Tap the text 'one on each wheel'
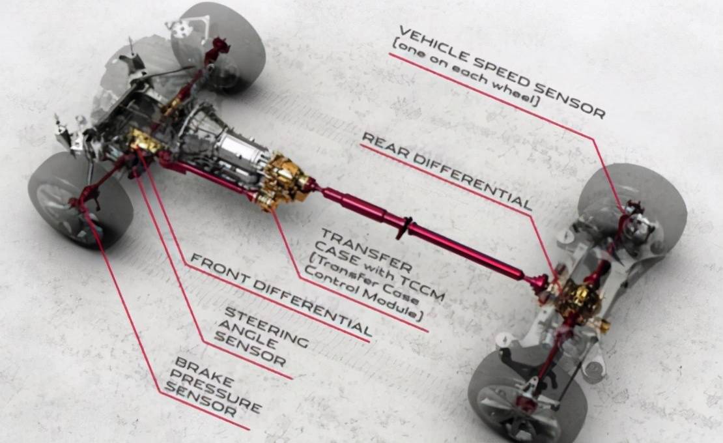465,74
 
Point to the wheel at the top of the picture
218,46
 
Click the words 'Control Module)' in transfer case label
364,294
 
